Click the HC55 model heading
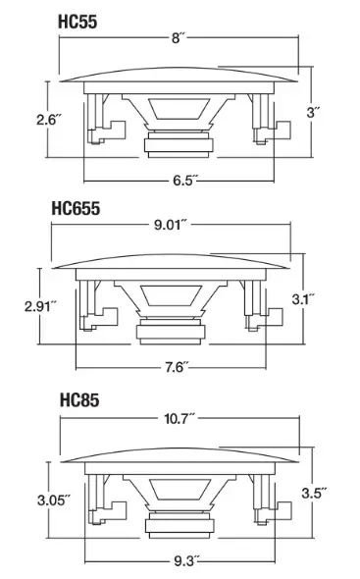click(x=77, y=22)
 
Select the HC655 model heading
click(x=76, y=209)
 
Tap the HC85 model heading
click(x=79, y=400)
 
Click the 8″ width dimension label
click(x=178, y=37)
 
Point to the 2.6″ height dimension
click(x=48, y=120)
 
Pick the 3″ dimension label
click(x=313, y=112)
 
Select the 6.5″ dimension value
click(x=185, y=181)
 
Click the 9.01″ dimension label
click(x=171, y=224)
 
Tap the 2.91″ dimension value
click(x=40, y=306)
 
